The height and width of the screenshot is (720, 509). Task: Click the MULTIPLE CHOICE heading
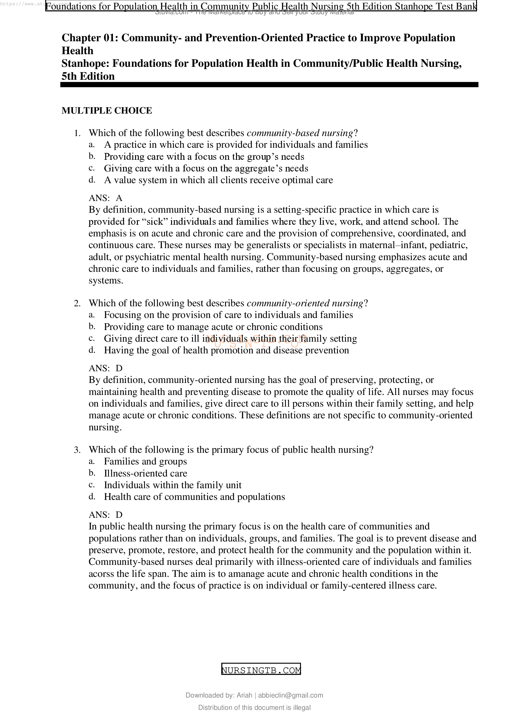(x=106, y=111)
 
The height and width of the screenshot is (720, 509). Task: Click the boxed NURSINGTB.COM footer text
(x=261, y=670)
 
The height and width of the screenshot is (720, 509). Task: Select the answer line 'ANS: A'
(x=106, y=198)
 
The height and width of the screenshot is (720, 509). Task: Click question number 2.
(x=77, y=303)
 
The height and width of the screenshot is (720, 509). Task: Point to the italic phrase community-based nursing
(x=300, y=133)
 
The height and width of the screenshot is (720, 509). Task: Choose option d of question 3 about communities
(x=194, y=497)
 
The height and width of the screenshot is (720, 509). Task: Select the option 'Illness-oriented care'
(x=146, y=473)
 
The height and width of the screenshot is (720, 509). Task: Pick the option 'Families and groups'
(x=146, y=461)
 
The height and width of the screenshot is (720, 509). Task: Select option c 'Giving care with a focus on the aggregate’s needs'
(x=206, y=168)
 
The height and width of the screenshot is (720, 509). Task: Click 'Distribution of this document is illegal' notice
(x=254, y=707)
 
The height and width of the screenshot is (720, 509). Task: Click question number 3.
(x=77, y=450)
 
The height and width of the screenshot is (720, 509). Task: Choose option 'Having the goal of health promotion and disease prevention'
(x=226, y=350)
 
